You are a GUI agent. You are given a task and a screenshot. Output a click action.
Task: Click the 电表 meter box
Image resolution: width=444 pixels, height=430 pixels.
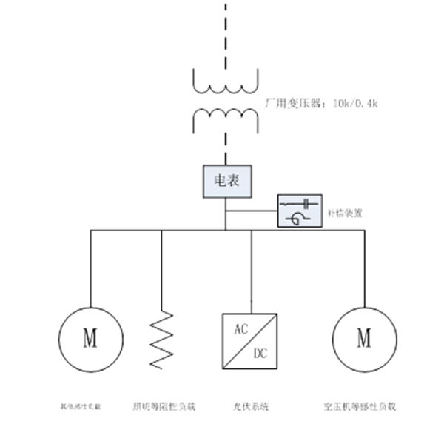point(226,179)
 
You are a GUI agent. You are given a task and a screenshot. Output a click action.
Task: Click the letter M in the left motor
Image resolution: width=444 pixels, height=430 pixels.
point(90,339)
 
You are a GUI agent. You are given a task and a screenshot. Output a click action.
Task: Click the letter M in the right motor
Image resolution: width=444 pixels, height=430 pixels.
point(363,339)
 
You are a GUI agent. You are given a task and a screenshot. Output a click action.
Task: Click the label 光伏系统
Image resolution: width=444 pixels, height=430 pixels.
point(252,406)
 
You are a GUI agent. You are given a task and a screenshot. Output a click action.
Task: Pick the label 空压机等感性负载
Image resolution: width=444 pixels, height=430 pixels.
point(360,406)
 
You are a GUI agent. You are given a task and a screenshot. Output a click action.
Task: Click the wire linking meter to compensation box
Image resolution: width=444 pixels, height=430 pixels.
point(251,211)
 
